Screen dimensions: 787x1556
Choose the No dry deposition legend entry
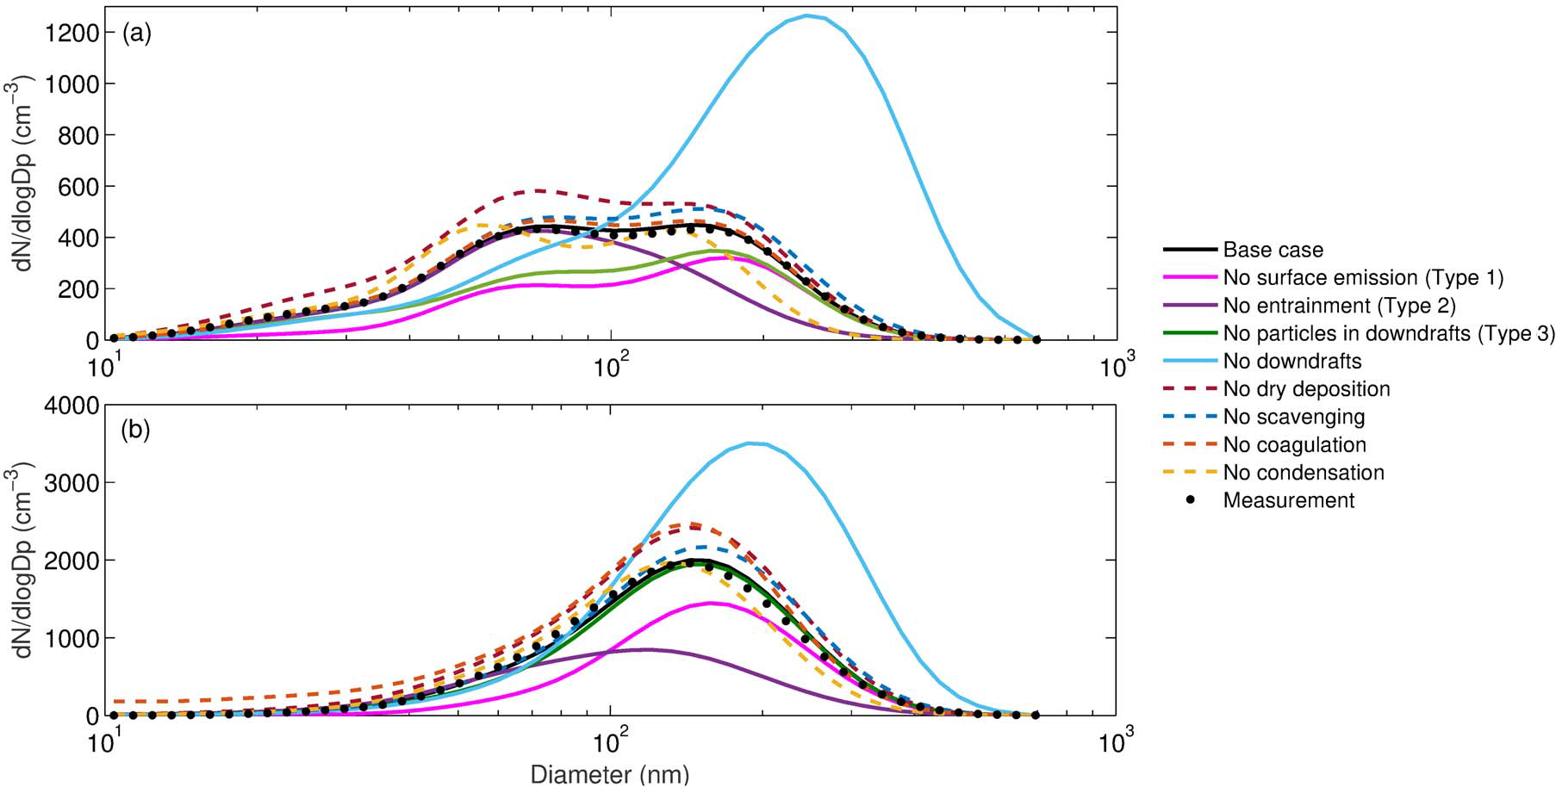1306,389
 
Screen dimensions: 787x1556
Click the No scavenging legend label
1293,417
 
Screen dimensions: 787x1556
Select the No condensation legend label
1304,473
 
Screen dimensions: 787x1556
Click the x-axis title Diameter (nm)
610,775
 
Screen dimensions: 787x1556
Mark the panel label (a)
137,34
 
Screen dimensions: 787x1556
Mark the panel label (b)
137,430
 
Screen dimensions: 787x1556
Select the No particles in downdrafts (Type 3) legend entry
1388,333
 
